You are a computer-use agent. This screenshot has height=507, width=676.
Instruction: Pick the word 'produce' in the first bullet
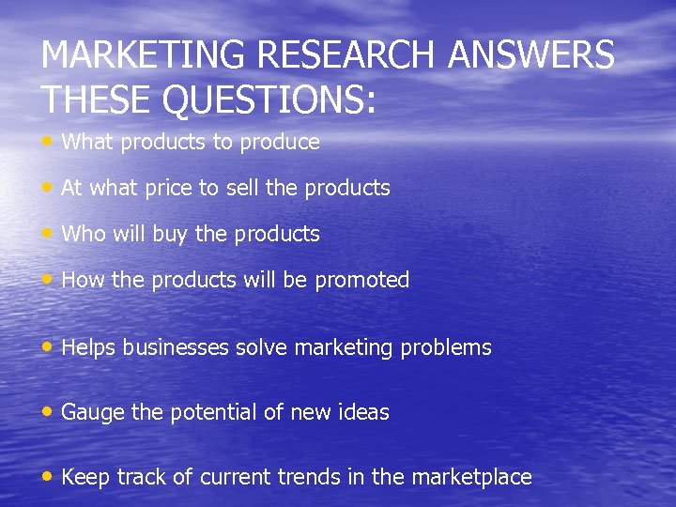280,143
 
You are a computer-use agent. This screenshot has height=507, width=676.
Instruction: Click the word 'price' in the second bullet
167,189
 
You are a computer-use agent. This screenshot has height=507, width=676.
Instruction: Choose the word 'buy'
169,235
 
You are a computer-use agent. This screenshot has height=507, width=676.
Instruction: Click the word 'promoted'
362,281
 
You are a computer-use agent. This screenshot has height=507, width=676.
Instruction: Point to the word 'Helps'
89,348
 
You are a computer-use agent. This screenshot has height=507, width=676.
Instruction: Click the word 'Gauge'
91,413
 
